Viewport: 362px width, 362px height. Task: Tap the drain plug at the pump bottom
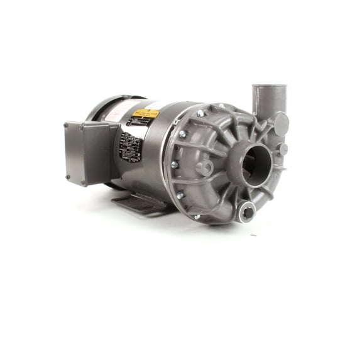(248, 212)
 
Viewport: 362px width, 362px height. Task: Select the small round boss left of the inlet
(204, 168)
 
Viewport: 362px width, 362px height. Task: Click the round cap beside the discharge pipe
(282, 124)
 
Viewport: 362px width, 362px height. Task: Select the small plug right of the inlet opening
(283, 150)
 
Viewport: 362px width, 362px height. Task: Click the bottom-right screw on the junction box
(82, 183)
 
